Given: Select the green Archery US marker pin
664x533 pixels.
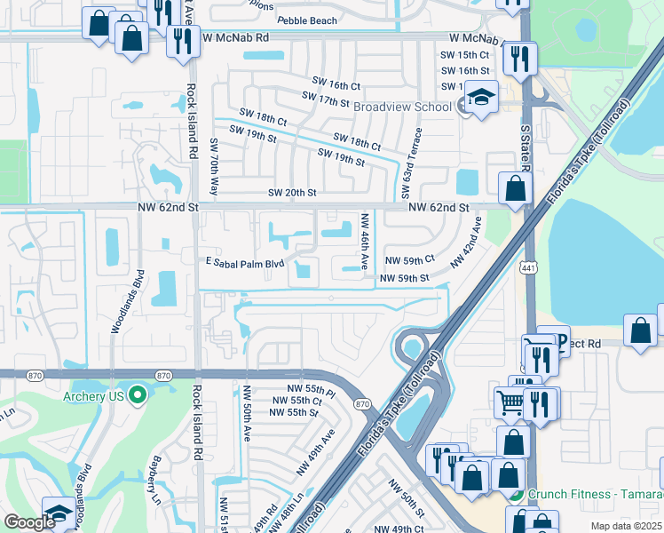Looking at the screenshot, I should click(x=136, y=395).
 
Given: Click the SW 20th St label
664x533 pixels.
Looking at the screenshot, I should click(x=292, y=193).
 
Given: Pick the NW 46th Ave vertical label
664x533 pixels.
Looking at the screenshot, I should click(x=364, y=242).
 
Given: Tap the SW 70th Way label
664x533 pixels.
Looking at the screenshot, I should click(x=214, y=166).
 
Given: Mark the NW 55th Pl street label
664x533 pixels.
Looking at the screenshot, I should click(x=311, y=390).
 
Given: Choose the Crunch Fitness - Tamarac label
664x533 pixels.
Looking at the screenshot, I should click(x=594, y=495).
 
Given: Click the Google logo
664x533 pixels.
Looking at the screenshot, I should click(x=29, y=522).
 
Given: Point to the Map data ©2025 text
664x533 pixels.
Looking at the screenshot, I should click(x=626, y=526).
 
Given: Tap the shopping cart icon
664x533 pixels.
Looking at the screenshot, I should click(x=510, y=402).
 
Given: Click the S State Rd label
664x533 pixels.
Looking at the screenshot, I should click(x=524, y=152).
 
